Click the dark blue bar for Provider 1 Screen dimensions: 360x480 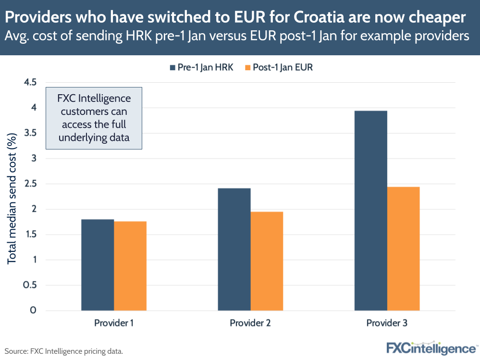[98, 265]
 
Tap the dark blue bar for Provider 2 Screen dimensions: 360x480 [234, 249]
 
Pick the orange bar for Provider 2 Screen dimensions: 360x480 [267, 261]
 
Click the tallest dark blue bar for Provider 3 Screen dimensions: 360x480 [370, 211]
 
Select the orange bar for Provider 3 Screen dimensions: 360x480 [403, 248]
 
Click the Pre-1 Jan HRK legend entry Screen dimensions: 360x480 [201, 67]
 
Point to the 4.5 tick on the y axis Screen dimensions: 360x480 [30, 82]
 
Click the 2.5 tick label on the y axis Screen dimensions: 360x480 [30, 184]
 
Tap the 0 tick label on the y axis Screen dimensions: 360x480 [33, 310]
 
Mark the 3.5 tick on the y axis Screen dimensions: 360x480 [30, 133]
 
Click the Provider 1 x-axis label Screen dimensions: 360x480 [114, 323]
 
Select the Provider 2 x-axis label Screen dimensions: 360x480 [250, 323]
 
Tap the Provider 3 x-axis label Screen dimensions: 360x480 [387, 323]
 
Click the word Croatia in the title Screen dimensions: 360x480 [321, 17]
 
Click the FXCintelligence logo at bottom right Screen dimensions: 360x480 [431, 348]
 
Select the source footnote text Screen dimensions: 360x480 [64, 351]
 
